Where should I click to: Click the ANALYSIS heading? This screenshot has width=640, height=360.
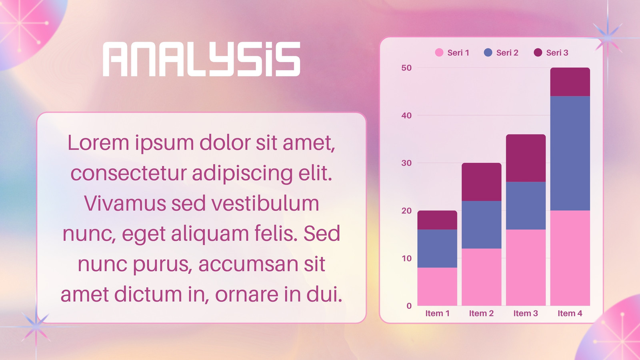tap(202, 59)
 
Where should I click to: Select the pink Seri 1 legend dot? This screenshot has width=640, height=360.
tap(439, 52)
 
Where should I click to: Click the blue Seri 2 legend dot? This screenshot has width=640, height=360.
tap(488, 52)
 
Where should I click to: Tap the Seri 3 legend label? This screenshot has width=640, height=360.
tap(557, 52)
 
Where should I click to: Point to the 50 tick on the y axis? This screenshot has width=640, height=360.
tap(406, 68)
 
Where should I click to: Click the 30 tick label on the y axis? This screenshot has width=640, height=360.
tap(406, 163)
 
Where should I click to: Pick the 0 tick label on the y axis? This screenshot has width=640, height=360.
tap(409, 306)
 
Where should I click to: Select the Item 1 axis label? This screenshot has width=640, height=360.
tap(438, 314)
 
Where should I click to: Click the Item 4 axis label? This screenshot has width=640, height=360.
tap(570, 314)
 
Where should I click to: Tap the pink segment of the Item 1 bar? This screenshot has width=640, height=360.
tap(437, 286)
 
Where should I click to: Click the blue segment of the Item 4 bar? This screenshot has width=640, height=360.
tap(570, 154)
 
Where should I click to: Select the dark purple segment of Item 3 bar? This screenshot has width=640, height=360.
tap(526, 158)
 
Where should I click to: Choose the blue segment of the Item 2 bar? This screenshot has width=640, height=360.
tap(482, 224)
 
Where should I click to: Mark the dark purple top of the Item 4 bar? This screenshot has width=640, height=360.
tap(570, 82)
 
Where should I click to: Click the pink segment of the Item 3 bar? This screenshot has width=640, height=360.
tap(526, 268)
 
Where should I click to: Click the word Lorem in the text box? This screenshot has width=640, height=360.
tap(98, 142)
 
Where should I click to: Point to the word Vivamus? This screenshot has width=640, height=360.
tap(125, 203)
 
